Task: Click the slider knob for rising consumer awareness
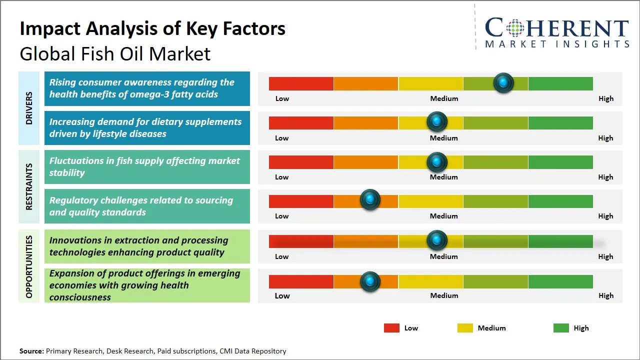click(x=503, y=82)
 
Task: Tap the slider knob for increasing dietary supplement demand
click(x=437, y=121)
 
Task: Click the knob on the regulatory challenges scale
click(x=370, y=200)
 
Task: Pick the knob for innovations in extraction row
click(x=437, y=240)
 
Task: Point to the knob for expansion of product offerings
click(x=370, y=281)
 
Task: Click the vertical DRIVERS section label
click(x=29, y=108)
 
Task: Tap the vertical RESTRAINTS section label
click(x=29, y=186)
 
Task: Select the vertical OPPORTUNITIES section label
click(x=29, y=266)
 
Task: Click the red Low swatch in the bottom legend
click(x=391, y=328)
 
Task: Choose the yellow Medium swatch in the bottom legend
click(x=465, y=328)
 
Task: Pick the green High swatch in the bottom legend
click(x=561, y=328)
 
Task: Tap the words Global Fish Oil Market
click(x=115, y=54)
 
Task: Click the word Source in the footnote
click(x=31, y=351)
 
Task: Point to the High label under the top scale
click(x=605, y=98)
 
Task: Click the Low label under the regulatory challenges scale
click(x=282, y=216)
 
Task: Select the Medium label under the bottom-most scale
click(x=444, y=295)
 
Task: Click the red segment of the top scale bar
click(x=301, y=83)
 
